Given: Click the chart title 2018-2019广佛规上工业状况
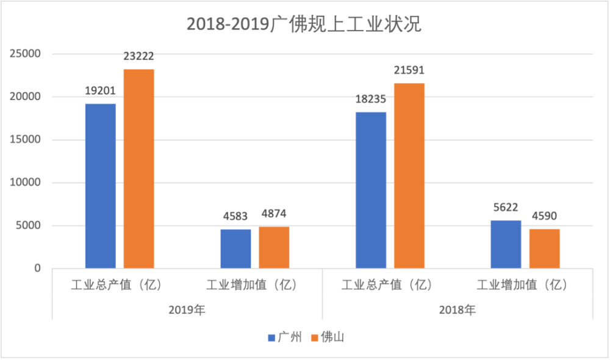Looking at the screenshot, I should point(304,25).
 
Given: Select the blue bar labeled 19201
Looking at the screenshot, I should point(101,186).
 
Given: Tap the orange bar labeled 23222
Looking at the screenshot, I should point(139,169).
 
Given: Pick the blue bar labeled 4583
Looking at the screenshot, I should point(235,248).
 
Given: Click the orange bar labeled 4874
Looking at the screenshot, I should point(274,247).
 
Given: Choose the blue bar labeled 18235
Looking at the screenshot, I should point(371,190).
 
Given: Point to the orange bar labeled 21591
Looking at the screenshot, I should point(409,176).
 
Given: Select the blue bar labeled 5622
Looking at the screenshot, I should point(506,244).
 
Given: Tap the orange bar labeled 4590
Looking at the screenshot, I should point(544,248).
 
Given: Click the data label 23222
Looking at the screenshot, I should point(138,57).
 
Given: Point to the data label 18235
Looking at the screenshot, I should point(370,99).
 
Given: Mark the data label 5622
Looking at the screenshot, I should point(506,207).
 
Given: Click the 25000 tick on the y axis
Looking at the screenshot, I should point(26,54).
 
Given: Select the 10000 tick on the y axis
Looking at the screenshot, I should point(26,182).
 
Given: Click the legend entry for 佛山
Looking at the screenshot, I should point(328,337).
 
